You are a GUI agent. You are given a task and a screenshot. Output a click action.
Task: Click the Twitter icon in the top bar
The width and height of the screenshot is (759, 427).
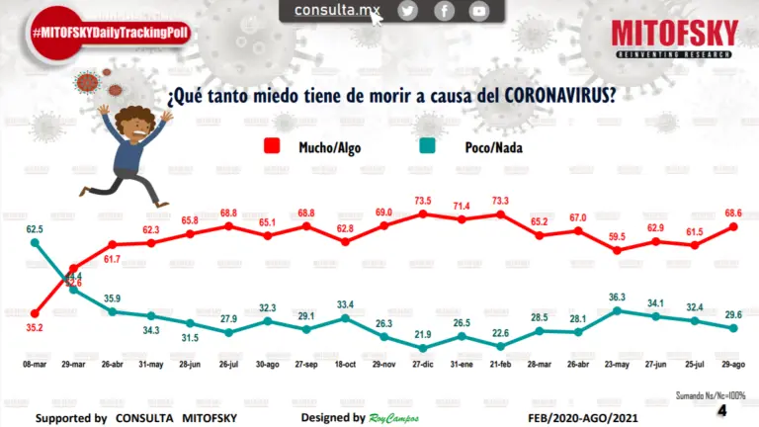408,11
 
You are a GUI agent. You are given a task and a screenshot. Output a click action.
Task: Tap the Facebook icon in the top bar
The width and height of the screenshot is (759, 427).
444,11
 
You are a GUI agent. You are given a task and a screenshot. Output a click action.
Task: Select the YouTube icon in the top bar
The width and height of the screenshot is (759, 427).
479,11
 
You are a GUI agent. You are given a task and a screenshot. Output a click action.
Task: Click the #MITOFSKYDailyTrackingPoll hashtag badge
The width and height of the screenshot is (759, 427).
110,33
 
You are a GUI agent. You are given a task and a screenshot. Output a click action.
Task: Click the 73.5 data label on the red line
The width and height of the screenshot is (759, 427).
423,199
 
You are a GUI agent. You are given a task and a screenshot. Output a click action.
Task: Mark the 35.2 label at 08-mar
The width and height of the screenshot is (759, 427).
34,328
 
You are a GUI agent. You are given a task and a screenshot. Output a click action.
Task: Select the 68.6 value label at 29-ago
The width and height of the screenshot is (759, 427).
733,212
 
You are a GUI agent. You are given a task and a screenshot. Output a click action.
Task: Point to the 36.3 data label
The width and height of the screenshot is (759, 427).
617,297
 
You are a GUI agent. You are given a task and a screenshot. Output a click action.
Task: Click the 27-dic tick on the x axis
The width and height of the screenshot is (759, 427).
423,365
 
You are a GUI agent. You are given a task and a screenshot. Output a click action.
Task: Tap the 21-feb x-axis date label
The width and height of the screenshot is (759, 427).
500,365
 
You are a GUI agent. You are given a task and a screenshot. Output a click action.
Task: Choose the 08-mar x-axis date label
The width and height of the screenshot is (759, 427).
35,365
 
